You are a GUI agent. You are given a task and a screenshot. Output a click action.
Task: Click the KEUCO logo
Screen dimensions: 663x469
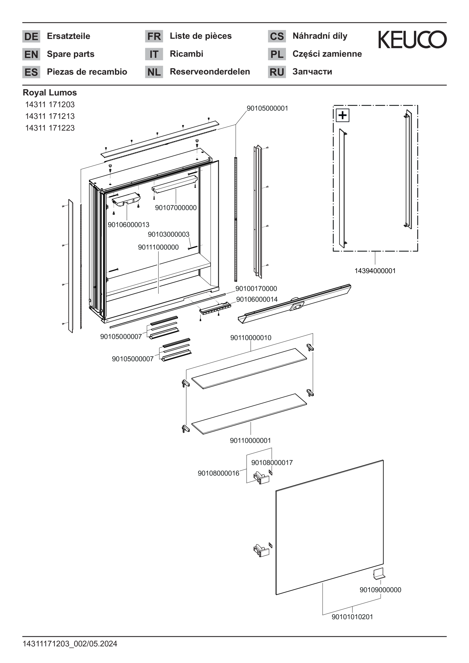(412, 40)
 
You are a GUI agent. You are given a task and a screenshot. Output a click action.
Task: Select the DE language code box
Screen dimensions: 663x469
(31, 36)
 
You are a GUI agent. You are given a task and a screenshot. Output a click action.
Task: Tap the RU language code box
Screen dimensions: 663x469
(277, 72)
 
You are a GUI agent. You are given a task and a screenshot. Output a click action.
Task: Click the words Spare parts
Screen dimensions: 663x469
(71, 54)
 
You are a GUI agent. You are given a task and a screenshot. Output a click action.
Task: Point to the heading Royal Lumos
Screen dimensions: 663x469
(50, 92)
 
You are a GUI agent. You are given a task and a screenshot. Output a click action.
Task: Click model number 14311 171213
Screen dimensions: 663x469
(50, 116)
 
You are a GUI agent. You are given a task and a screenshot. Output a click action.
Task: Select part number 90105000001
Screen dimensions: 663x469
(267, 108)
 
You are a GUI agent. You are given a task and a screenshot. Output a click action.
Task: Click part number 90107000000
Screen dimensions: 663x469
(176, 208)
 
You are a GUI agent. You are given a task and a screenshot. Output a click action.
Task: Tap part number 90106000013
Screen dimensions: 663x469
(128, 224)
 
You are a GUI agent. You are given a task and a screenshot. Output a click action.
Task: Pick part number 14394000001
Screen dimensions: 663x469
(375, 271)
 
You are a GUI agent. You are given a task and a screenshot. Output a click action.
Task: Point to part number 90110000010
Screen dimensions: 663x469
(251, 338)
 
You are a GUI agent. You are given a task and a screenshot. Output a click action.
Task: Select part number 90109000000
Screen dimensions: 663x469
(380, 590)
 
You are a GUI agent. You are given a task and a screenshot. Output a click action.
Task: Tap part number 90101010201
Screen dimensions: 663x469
(352, 617)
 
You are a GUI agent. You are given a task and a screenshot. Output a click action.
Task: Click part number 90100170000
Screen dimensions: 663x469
(256, 288)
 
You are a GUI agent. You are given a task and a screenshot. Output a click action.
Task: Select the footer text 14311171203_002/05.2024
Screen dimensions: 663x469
(70, 644)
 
